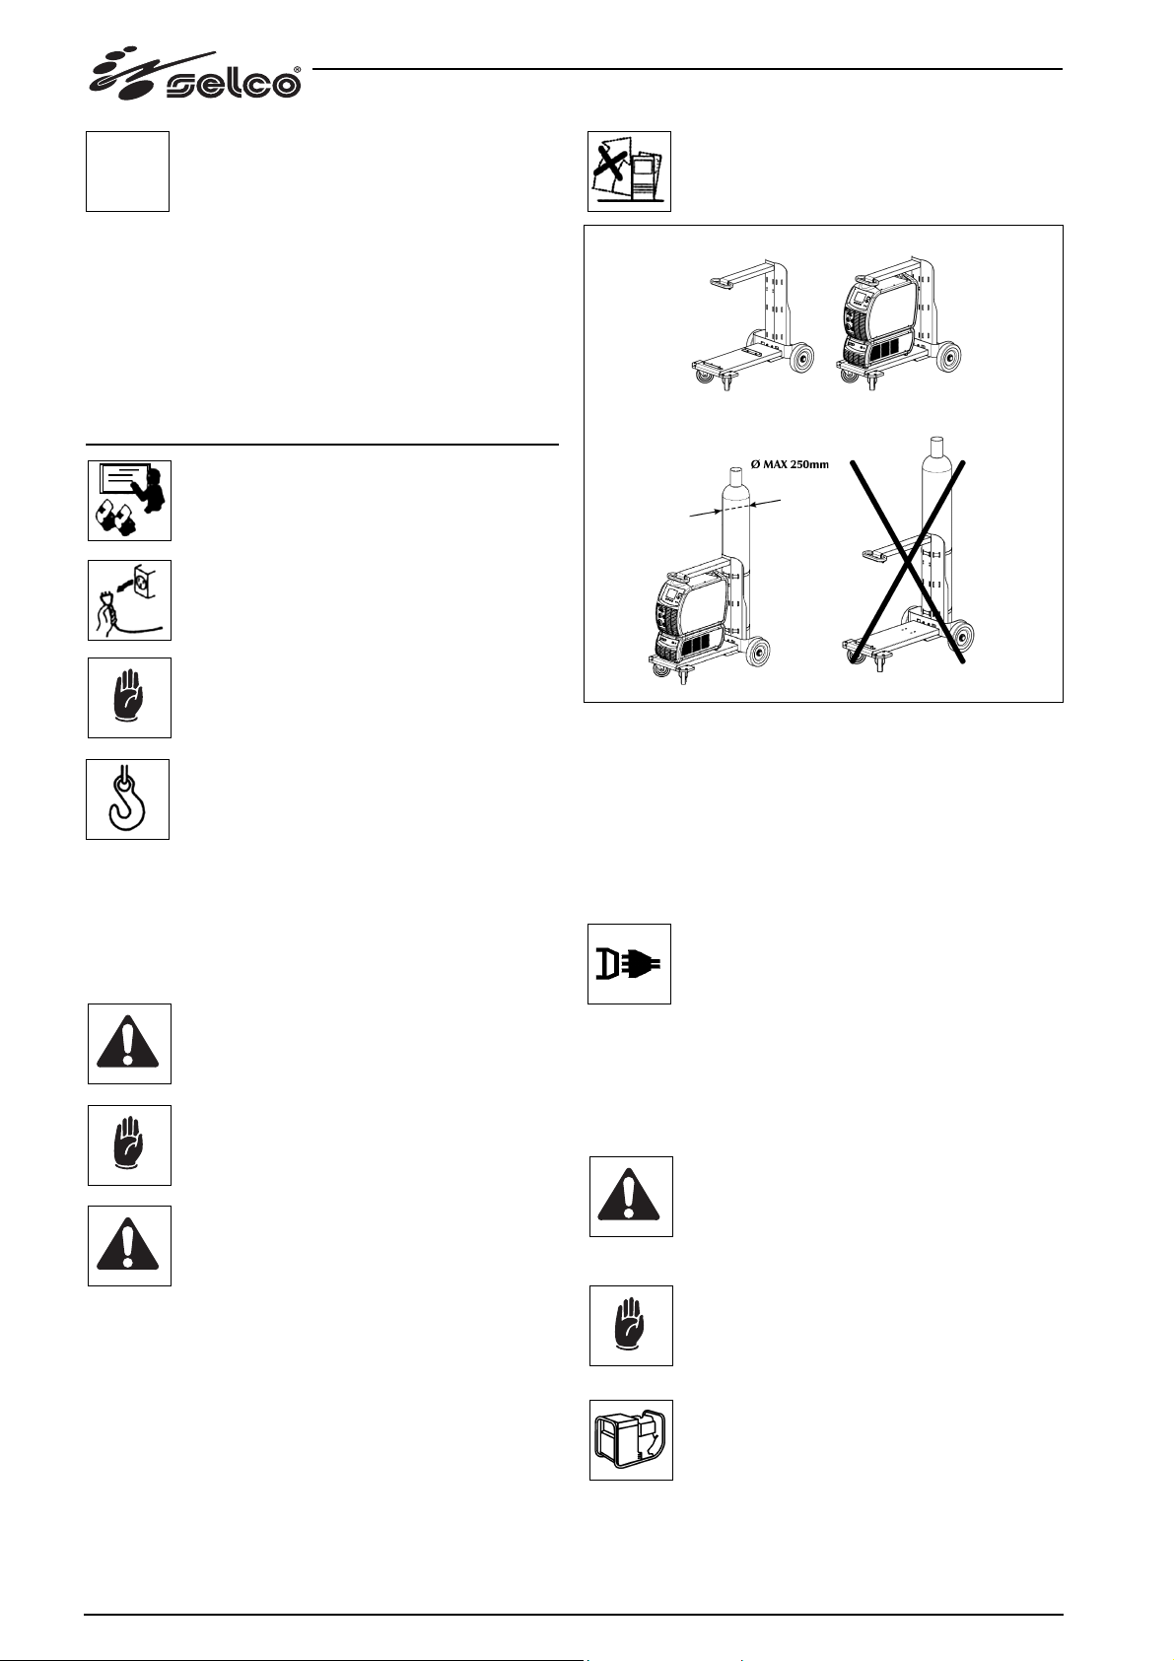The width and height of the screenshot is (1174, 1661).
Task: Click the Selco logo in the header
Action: [x=195, y=76]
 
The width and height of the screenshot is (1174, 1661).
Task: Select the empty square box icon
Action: [x=127, y=172]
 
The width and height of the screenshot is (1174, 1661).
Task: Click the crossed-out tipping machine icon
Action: [x=629, y=172]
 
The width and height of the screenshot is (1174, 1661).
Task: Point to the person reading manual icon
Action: [x=129, y=500]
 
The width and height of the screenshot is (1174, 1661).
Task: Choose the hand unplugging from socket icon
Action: [x=129, y=600]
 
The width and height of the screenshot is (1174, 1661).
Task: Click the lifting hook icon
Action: [x=128, y=799]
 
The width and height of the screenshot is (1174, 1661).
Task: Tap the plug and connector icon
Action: [x=629, y=964]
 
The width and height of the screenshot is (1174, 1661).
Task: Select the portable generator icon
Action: [x=631, y=1439]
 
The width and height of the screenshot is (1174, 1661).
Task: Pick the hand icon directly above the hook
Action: [x=129, y=698]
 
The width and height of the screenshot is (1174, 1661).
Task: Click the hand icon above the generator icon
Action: [x=631, y=1326]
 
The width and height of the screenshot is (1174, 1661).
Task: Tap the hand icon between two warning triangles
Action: [x=129, y=1145]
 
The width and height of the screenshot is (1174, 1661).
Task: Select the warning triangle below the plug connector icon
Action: [x=631, y=1197]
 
